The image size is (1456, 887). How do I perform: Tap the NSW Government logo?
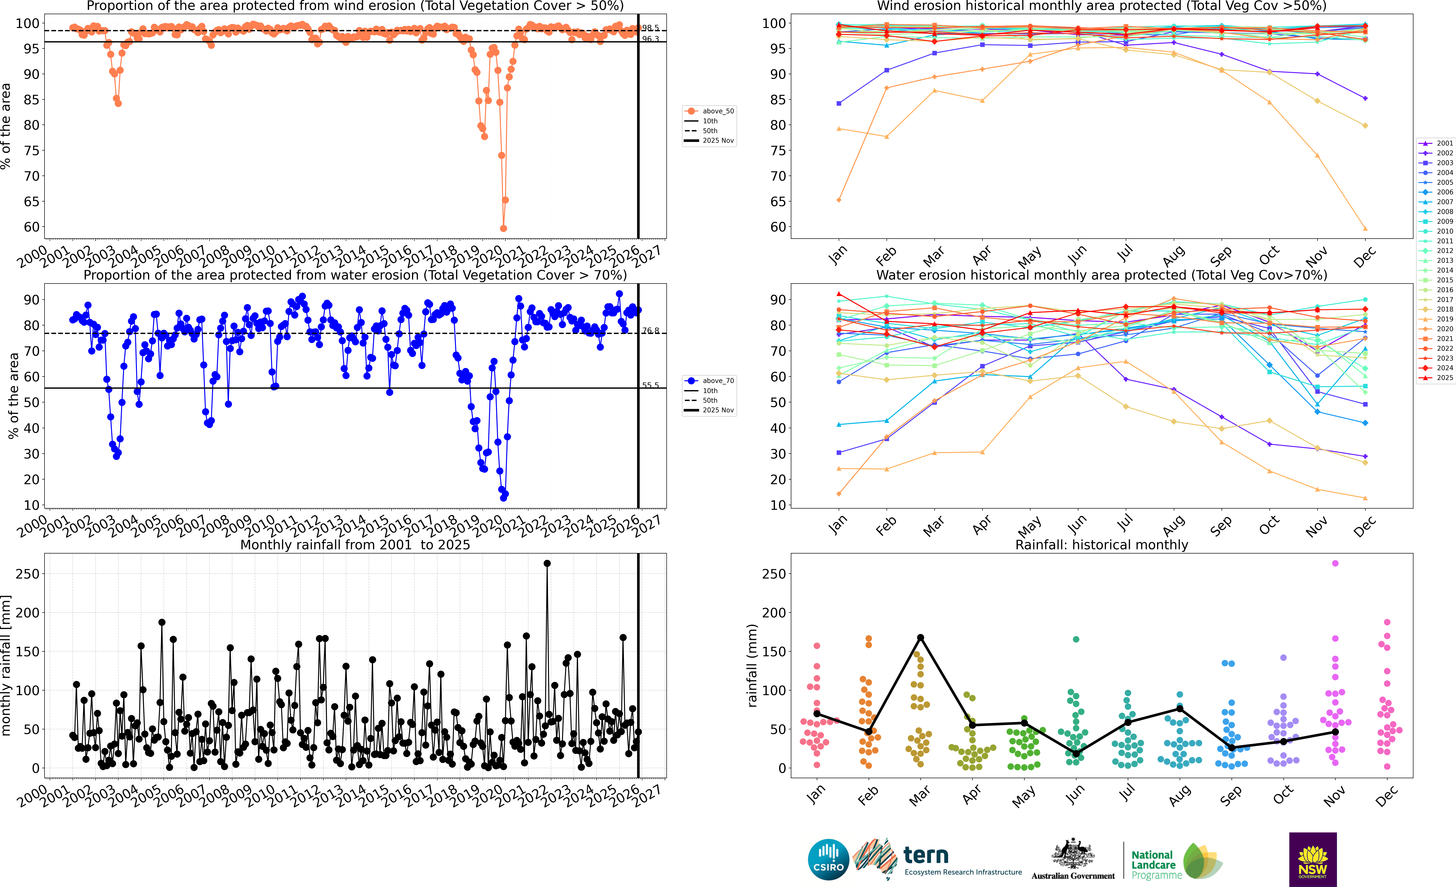click(x=1312, y=859)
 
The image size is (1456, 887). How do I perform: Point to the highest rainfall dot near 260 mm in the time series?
click(x=547, y=564)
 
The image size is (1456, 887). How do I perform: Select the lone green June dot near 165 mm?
click(x=1076, y=639)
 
